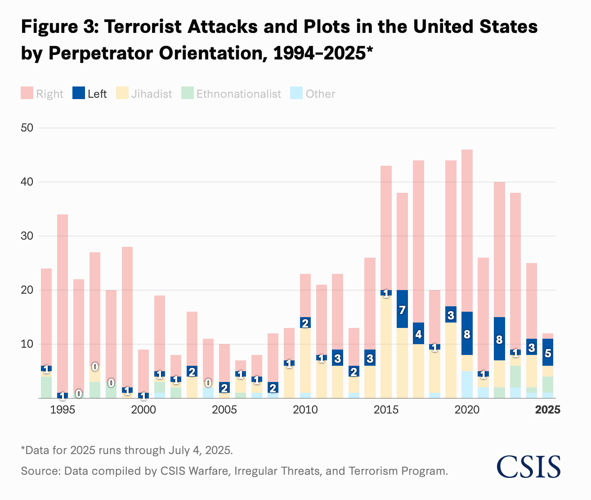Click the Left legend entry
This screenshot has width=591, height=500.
pos(90,94)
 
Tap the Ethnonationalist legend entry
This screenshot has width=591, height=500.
pos(231,94)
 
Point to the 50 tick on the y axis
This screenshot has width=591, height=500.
pos(27,128)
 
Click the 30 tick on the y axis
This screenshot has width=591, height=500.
pos(27,236)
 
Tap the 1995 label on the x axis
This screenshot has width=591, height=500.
pos(63,410)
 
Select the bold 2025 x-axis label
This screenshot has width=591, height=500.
pos(548,410)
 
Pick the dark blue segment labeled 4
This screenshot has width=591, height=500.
pos(418,334)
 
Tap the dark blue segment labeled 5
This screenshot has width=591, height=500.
pos(548,352)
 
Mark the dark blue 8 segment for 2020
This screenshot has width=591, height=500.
pos(467,333)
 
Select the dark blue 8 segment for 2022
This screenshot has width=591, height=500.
pos(499,339)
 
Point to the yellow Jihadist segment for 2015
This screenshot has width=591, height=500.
pos(386,347)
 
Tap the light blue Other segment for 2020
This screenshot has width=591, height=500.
pos(467,384)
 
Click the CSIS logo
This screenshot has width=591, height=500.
pos(529,467)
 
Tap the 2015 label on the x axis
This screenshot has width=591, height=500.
pos(386,410)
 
